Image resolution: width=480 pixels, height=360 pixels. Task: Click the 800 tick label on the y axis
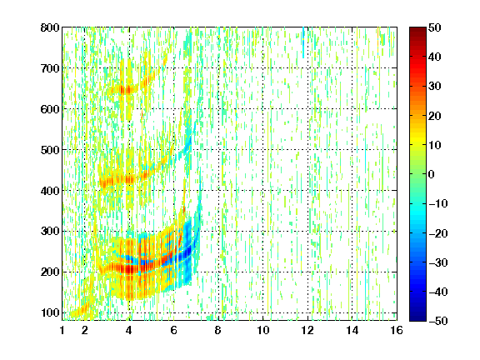coord(50,27)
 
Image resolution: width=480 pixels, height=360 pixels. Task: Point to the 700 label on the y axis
coord(50,68)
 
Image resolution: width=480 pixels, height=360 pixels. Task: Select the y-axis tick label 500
coord(50,150)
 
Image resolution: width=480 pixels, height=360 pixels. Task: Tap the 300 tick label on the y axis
coord(50,231)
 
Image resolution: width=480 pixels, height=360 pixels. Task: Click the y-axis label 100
coord(50,312)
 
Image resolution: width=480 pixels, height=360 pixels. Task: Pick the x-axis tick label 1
coord(62,330)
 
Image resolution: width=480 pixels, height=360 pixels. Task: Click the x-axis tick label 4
coord(129,330)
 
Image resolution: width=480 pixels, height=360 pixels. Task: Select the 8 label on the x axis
coord(218,330)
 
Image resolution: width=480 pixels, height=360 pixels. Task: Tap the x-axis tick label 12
coord(307,330)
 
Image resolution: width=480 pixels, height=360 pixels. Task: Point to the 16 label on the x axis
coord(397,330)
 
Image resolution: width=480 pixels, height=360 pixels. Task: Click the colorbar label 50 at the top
coord(434,27)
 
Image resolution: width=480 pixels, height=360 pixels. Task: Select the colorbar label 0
coord(432,174)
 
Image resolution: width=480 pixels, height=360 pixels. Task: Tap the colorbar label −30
coord(438,262)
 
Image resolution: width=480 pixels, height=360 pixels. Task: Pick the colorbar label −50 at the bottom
coord(438,321)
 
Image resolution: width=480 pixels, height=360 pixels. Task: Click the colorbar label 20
coord(434,116)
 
